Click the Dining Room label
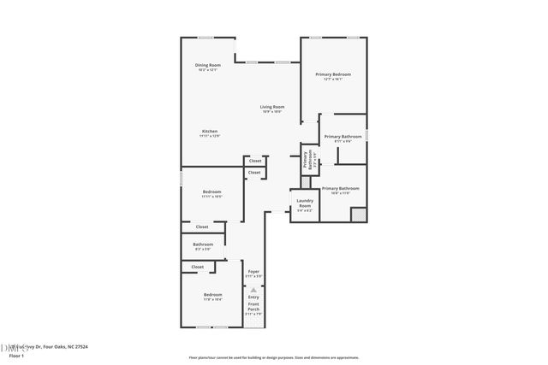point(208,65)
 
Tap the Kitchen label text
point(210,131)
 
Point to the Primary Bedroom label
point(332,74)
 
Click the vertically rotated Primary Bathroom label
point(305,160)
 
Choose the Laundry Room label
point(304,203)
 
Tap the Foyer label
point(253,271)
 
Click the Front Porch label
point(253,307)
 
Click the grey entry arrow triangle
point(253,289)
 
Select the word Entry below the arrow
point(253,297)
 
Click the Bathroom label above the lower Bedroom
point(203,244)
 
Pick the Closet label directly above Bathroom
point(202,227)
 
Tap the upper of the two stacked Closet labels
point(254,161)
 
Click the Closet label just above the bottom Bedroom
point(198,267)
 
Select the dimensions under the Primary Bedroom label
point(332,79)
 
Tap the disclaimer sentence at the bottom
point(273,358)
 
